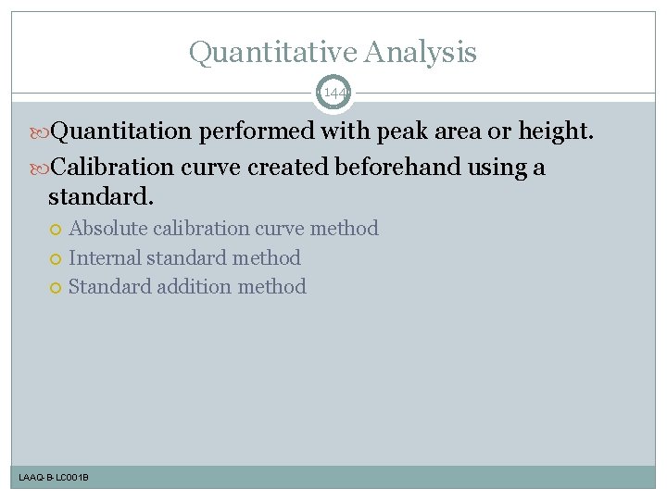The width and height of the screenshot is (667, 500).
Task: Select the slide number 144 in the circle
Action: [x=333, y=94]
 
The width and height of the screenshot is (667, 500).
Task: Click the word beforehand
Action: [x=398, y=168]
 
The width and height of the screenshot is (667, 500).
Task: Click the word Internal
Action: [x=104, y=257]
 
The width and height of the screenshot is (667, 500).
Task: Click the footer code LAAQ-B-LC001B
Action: [x=54, y=478]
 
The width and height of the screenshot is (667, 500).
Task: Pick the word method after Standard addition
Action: [x=271, y=287]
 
